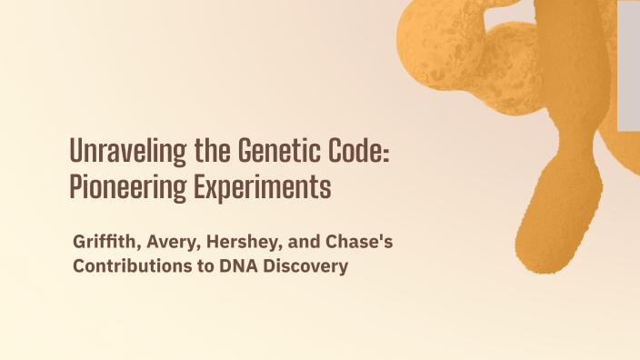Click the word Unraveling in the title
pyautogui.click(x=128, y=152)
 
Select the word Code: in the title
pyautogui.click(x=359, y=150)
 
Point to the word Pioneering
pyautogui.click(x=128, y=188)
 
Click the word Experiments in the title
pyautogui.click(x=263, y=188)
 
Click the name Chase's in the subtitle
pyautogui.click(x=359, y=242)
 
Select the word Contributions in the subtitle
pyautogui.click(x=132, y=265)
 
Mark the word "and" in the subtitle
pyautogui.click(x=304, y=242)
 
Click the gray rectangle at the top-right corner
pyautogui.click(x=628, y=66)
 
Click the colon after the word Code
pyautogui.click(x=386, y=155)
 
